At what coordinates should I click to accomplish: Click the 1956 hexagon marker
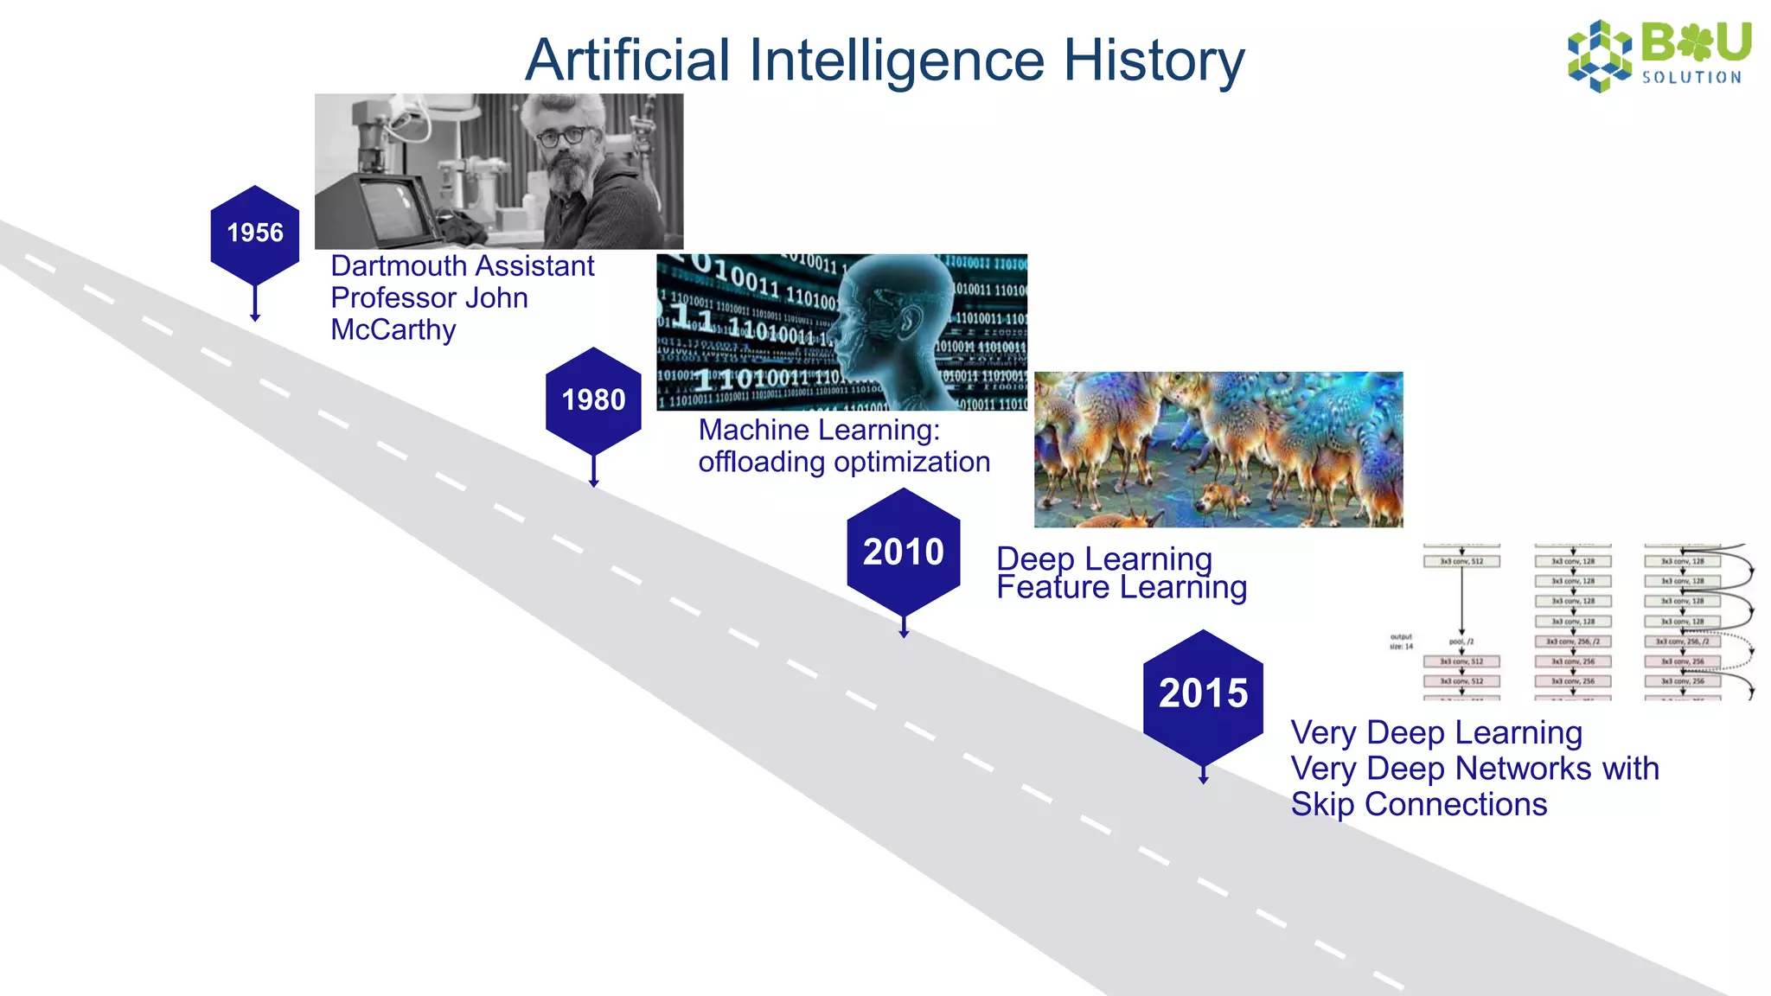(x=255, y=233)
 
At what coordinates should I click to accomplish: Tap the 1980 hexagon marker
(x=593, y=400)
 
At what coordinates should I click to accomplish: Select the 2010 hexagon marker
(x=904, y=552)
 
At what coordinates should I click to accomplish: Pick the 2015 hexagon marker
(x=1203, y=693)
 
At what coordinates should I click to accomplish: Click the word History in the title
(x=1154, y=61)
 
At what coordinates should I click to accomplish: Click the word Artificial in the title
(x=628, y=61)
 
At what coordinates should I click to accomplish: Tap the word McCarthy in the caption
(x=393, y=330)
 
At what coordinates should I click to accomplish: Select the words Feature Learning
(x=1122, y=588)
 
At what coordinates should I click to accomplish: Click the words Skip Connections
(x=1418, y=805)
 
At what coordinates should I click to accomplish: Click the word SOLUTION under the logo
(x=1691, y=78)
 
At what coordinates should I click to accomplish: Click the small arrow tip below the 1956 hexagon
(x=255, y=318)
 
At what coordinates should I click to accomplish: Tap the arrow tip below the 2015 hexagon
(x=1203, y=780)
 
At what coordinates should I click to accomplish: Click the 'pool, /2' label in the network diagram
(x=1461, y=642)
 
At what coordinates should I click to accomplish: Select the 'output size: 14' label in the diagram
(x=1401, y=642)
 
